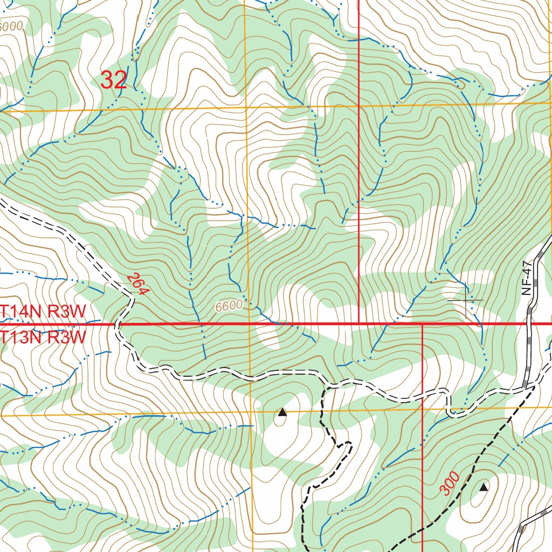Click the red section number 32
point(114,80)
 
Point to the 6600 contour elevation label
point(229,306)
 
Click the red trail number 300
point(449,483)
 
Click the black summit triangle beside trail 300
point(484,487)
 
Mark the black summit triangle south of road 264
point(282,413)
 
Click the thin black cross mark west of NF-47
point(466,299)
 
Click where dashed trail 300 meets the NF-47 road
point(534,386)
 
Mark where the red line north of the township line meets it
point(359,325)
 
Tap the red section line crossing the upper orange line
point(359,106)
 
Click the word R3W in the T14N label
point(67,311)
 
